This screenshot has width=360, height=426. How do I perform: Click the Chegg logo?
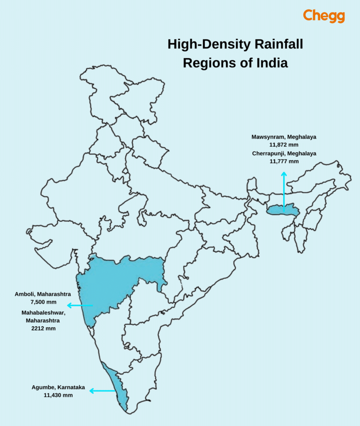pos(324,16)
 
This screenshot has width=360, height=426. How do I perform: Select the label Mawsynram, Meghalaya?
pos(284,137)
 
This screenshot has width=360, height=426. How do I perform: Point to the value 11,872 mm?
pos(284,145)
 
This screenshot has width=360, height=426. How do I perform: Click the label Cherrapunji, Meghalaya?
pos(284,153)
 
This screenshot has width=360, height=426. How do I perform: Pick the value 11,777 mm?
pos(284,161)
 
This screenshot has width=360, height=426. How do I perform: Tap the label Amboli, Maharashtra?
pos(43,294)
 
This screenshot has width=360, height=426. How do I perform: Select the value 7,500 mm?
pos(43,302)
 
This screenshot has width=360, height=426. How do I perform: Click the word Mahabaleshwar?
pos(43,313)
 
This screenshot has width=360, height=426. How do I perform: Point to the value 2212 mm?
pos(43,329)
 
